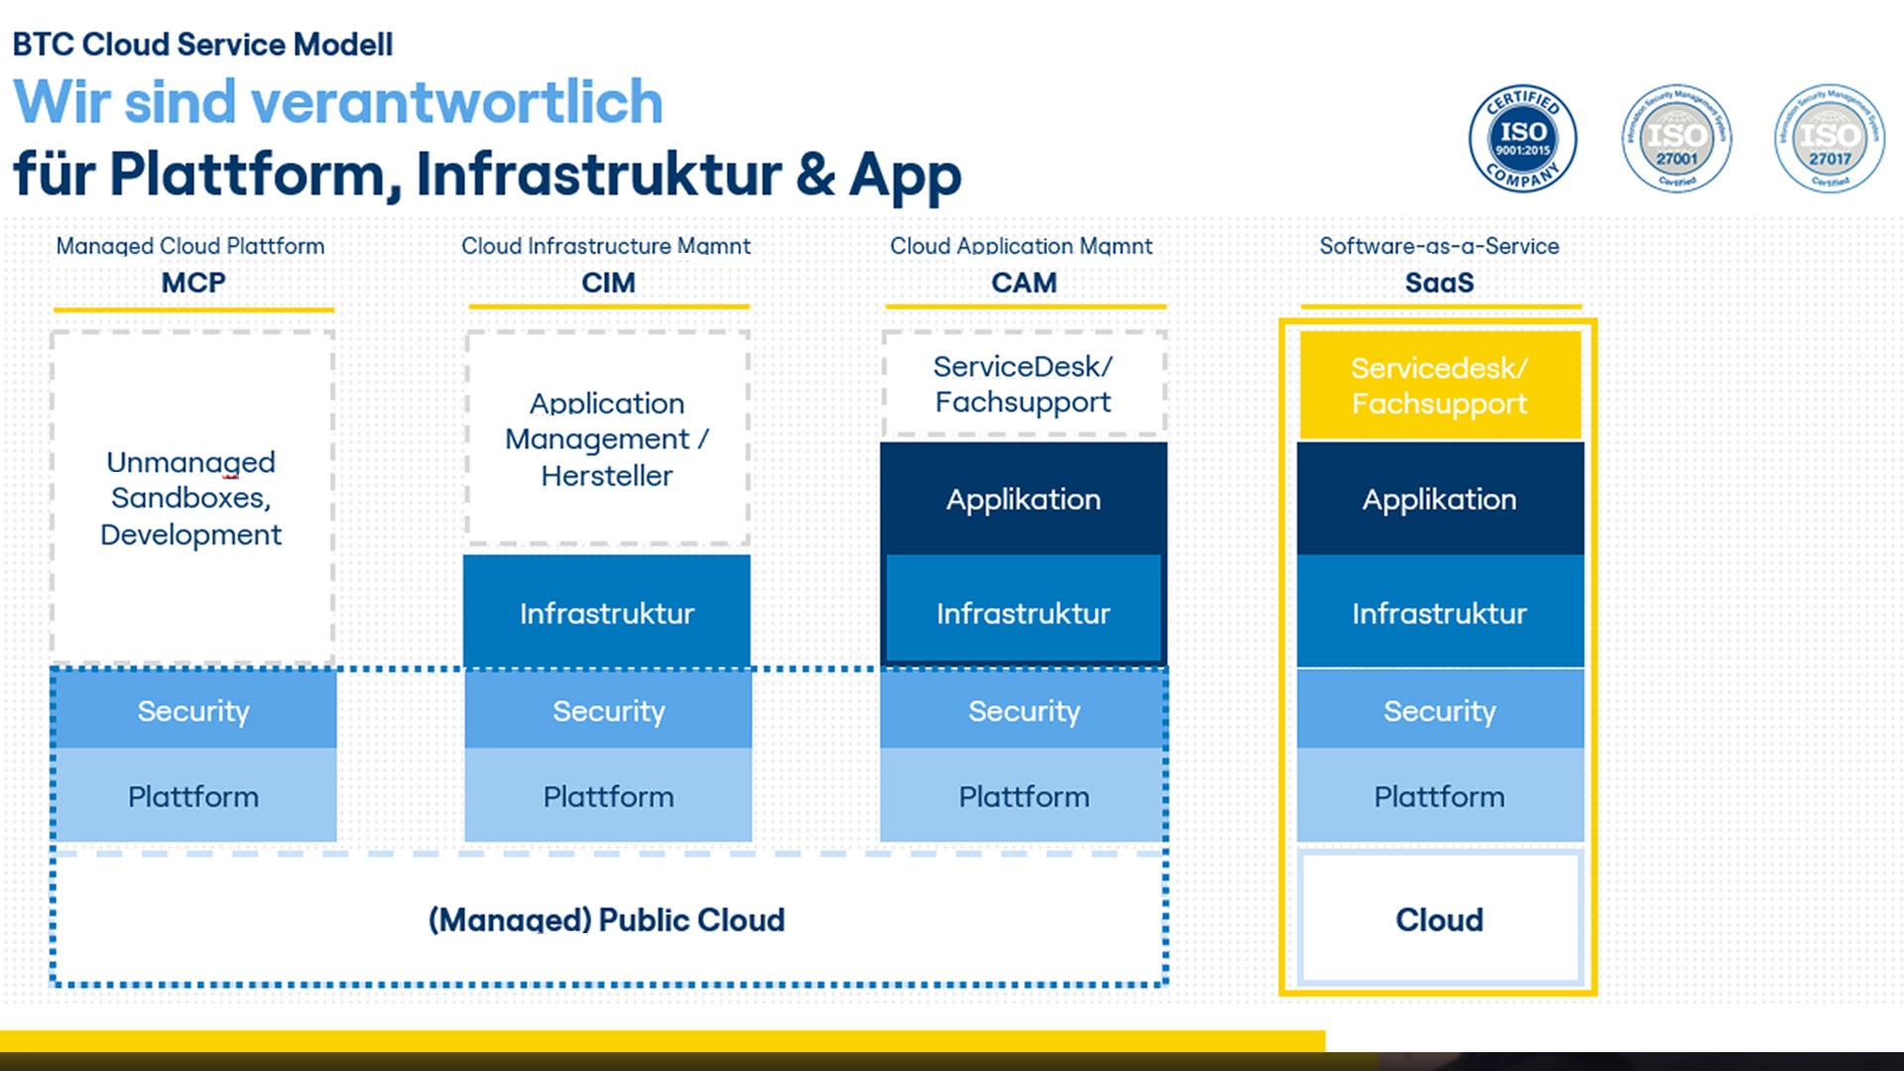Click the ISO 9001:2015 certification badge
click(x=1522, y=139)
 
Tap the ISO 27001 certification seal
click(x=1676, y=139)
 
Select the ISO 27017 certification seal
click(x=1829, y=139)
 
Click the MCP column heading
click(x=193, y=283)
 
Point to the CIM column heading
click(x=608, y=283)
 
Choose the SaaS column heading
click(x=1439, y=283)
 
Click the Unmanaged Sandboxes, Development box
click(x=191, y=498)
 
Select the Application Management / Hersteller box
click(x=607, y=439)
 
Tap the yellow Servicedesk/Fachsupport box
click(x=1439, y=386)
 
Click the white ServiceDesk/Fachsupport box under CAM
click(x=1022, y=384)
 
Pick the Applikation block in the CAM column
click(x=1022, y=499)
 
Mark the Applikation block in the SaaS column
click(x=1439, y=499)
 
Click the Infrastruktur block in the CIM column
click(x=607, y=613)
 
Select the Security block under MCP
click(x=193, y=710)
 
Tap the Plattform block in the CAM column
click(x=1023, y=796)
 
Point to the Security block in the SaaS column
click(x=1439, y=710)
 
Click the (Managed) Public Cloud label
click(x=606, y=919)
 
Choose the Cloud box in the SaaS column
click(x=1439, y=919)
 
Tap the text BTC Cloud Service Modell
click(x=202, y=45)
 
